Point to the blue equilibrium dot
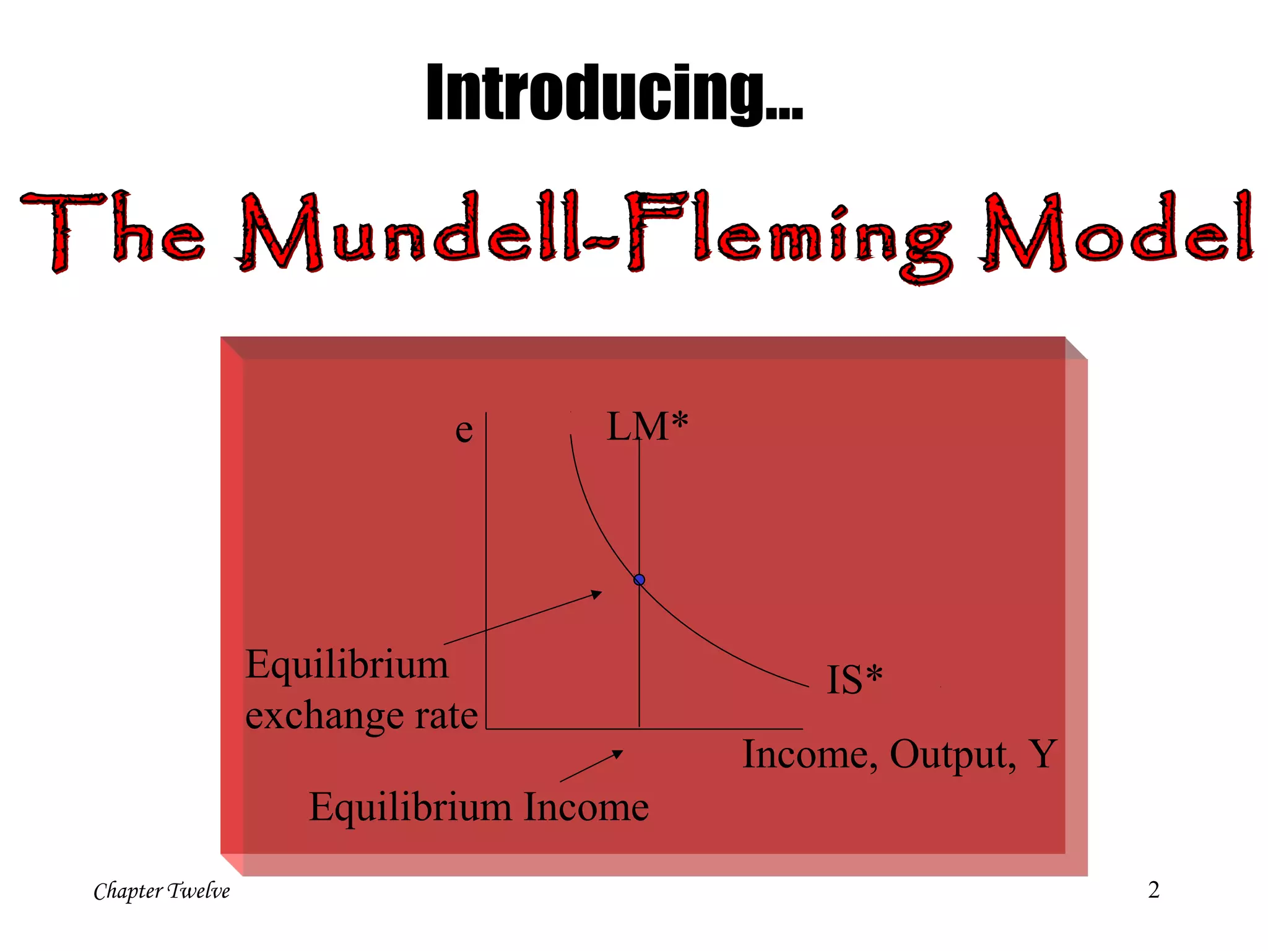click(x=640, y=580)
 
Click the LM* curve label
click(x=647, y=427)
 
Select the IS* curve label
click(x=854, y=679)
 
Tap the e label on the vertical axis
click(x=464, y=430)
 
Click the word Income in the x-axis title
click(x=810, y=755)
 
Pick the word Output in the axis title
click(x=952, y=755)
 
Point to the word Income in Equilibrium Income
click(x=586, y=807)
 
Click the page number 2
click(x=1153, y=890)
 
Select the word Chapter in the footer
click(x=128, y=891)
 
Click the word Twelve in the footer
click(x=199, y=891)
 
